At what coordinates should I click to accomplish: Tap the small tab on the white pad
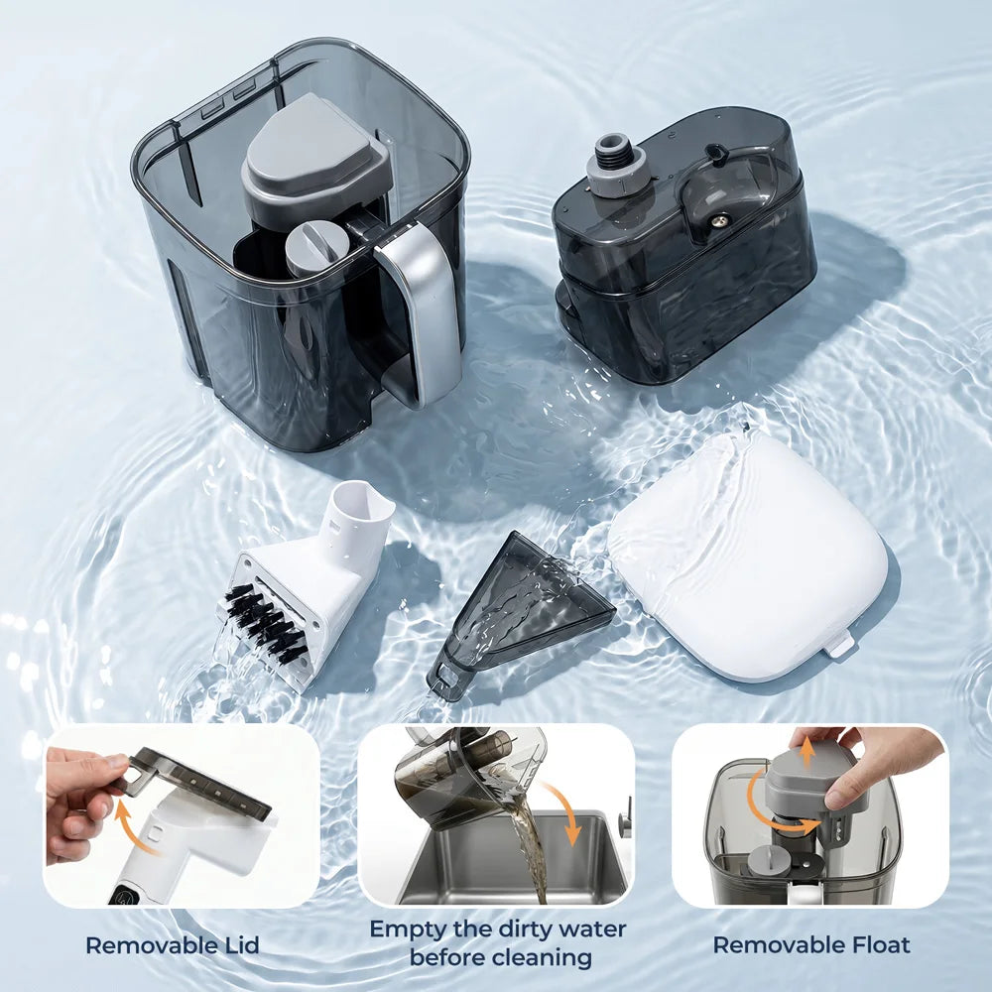point(838,645)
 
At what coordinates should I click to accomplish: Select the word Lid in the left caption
point(238,945)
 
